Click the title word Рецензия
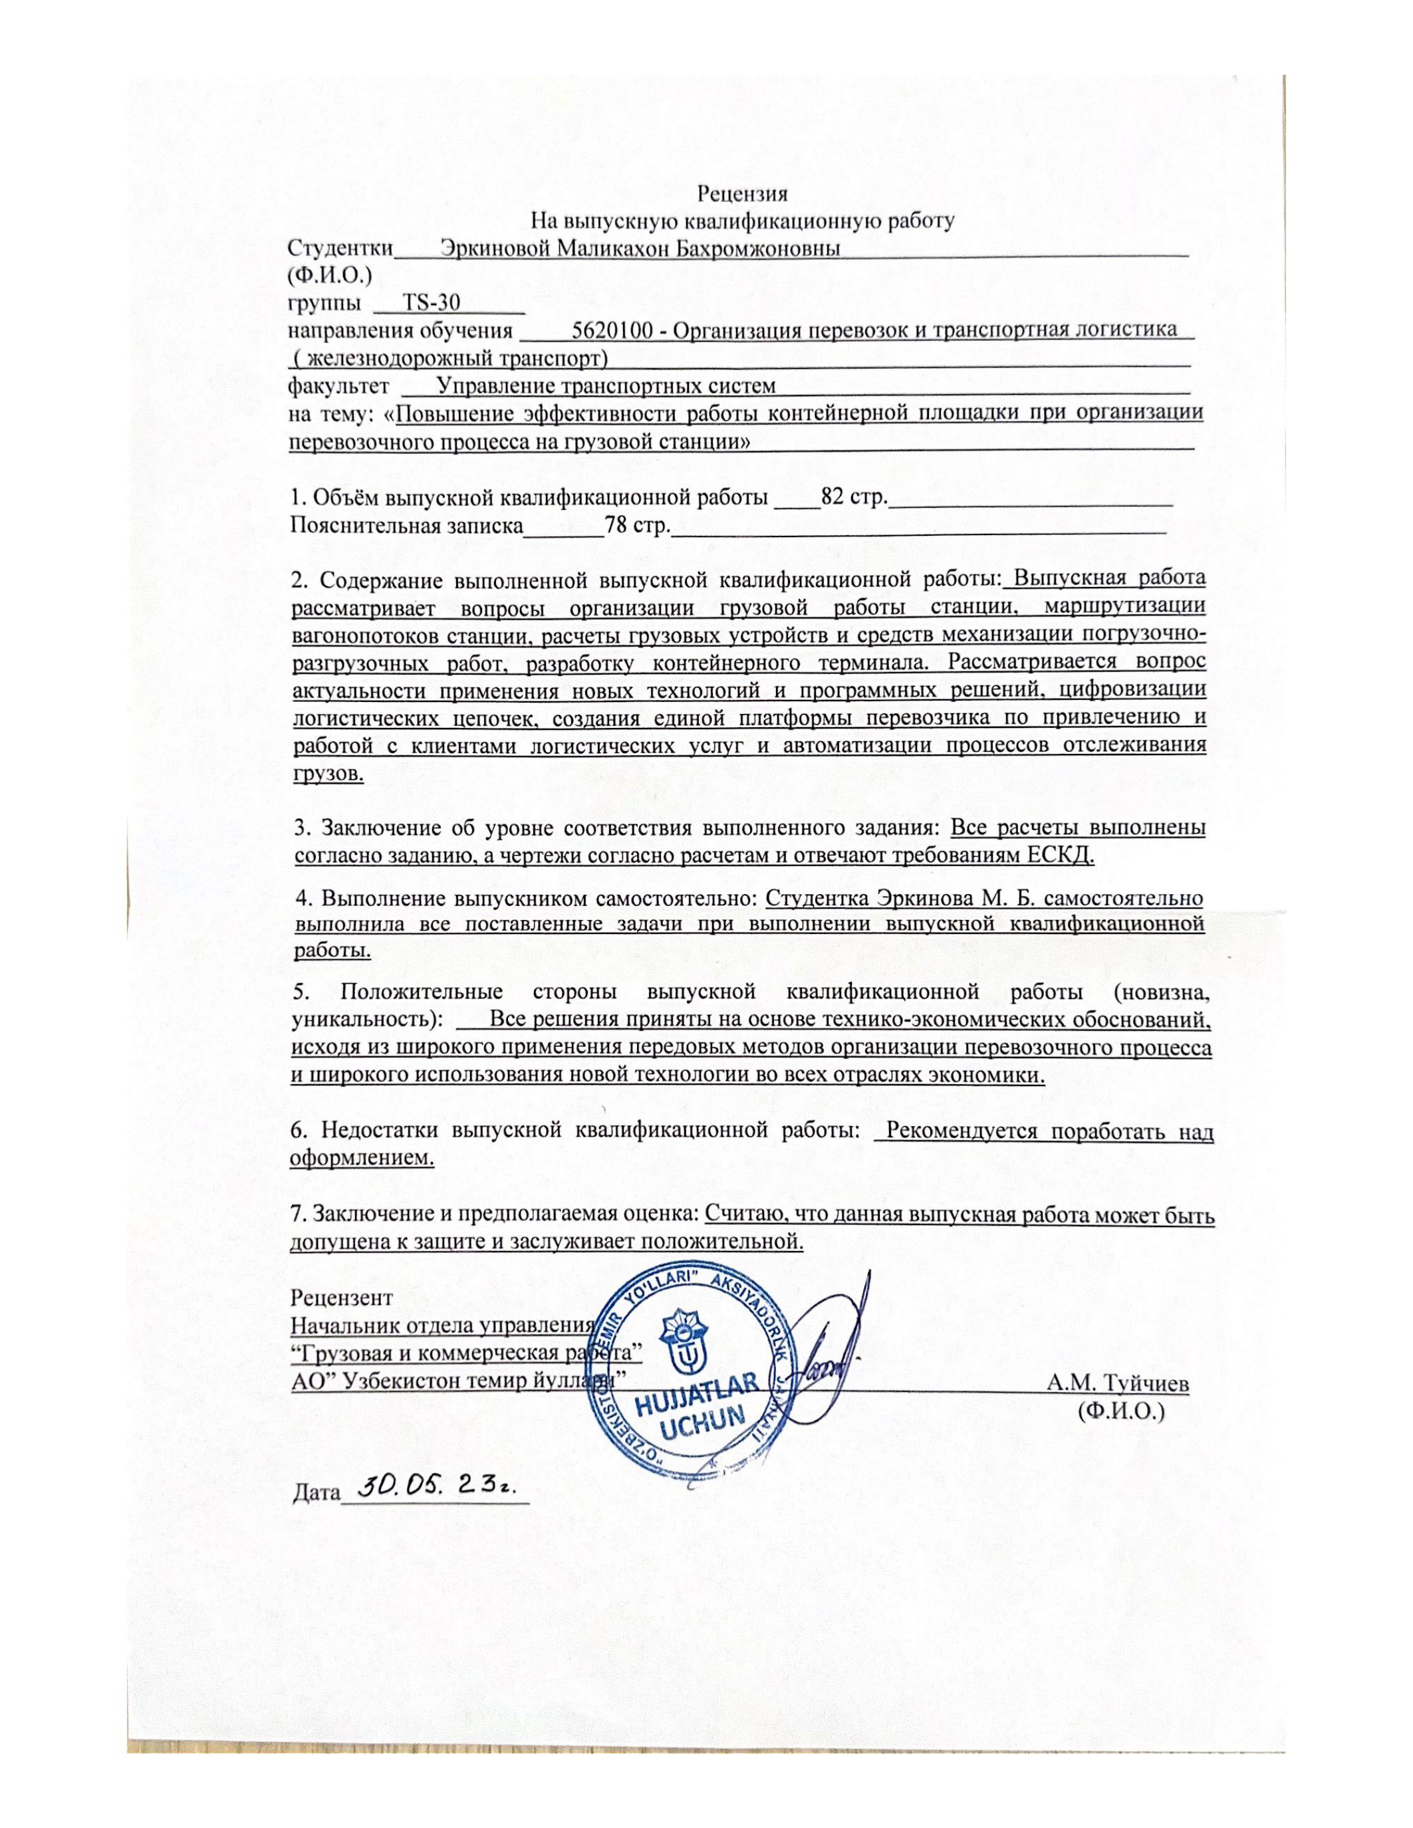[x=743, y=194]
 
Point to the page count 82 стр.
[x=854, y=497]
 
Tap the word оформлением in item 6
[x=362, y=1159]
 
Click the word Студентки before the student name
[x=340, y=249]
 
